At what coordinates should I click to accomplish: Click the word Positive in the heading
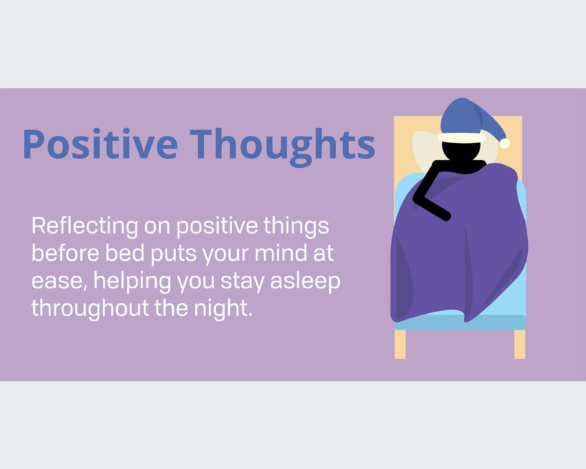[x=100, y=144]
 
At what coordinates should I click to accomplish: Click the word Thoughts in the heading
[x=282, y=147]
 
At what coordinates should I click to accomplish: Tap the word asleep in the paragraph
[x=305, y=282]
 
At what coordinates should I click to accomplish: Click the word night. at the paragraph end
[x=223, y=309]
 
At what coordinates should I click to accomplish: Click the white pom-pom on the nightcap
[x=505, y=144]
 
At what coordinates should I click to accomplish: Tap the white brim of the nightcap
[x=462, y=138]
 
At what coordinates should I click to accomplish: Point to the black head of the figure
[x=461, y=151]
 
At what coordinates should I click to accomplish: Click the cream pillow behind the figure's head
[x=425, y=153]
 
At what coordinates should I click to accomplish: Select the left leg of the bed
[x=400, y=344]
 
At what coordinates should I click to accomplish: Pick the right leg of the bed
[x=519, y=344]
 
